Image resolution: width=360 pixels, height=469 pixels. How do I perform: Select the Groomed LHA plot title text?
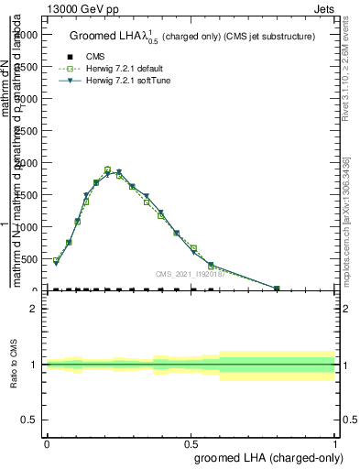click(192, 37)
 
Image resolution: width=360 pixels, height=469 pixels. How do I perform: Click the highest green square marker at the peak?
click(107, 169)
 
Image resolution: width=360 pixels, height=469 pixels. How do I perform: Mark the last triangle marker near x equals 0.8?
click(278, 289)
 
